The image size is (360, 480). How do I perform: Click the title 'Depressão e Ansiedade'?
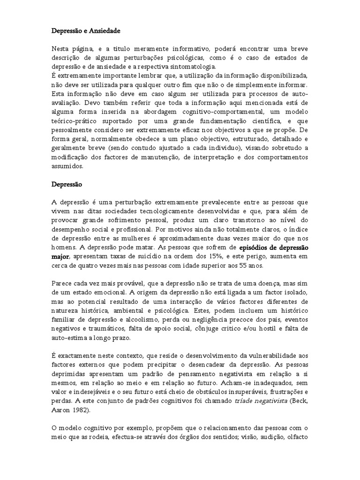coord(86,31)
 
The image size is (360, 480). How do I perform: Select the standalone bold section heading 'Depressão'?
coord(67,184)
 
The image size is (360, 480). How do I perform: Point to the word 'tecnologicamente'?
coord(149,211)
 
